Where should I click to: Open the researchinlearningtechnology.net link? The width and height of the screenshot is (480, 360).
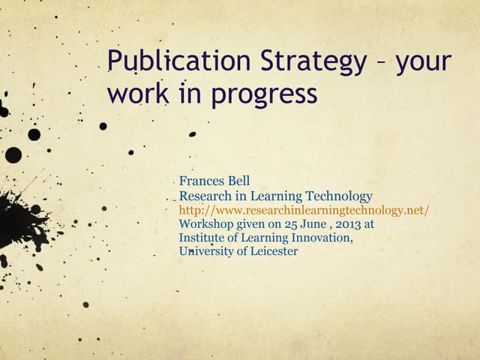coord(304,210)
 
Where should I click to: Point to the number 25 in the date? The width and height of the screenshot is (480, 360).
coord(276,223)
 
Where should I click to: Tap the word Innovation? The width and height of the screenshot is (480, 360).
coord(322,237)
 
